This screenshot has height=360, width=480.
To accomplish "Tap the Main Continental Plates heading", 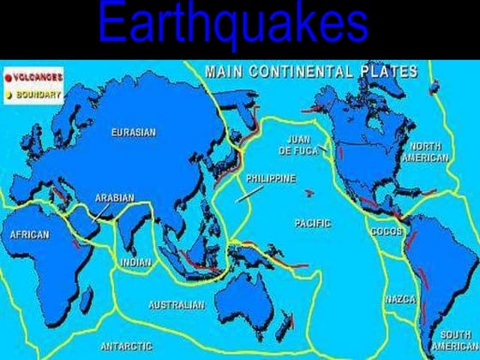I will coord(309,70).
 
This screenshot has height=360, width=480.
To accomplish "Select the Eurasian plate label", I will coord(134,132).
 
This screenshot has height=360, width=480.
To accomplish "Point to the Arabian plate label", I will coord(114,197).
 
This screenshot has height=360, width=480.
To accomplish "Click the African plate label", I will coord(29,233).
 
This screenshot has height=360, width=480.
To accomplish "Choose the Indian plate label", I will coord(135,263).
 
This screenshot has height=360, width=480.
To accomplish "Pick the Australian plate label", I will coord(177,304).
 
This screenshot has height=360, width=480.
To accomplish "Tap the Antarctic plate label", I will coord(126,346).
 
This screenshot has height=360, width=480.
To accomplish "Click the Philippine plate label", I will coord(271,179).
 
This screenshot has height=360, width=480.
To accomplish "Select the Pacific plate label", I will coord(312,223).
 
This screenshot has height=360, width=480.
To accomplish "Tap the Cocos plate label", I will coord(386,231).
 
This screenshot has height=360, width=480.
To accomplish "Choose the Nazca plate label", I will coord(399,299).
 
